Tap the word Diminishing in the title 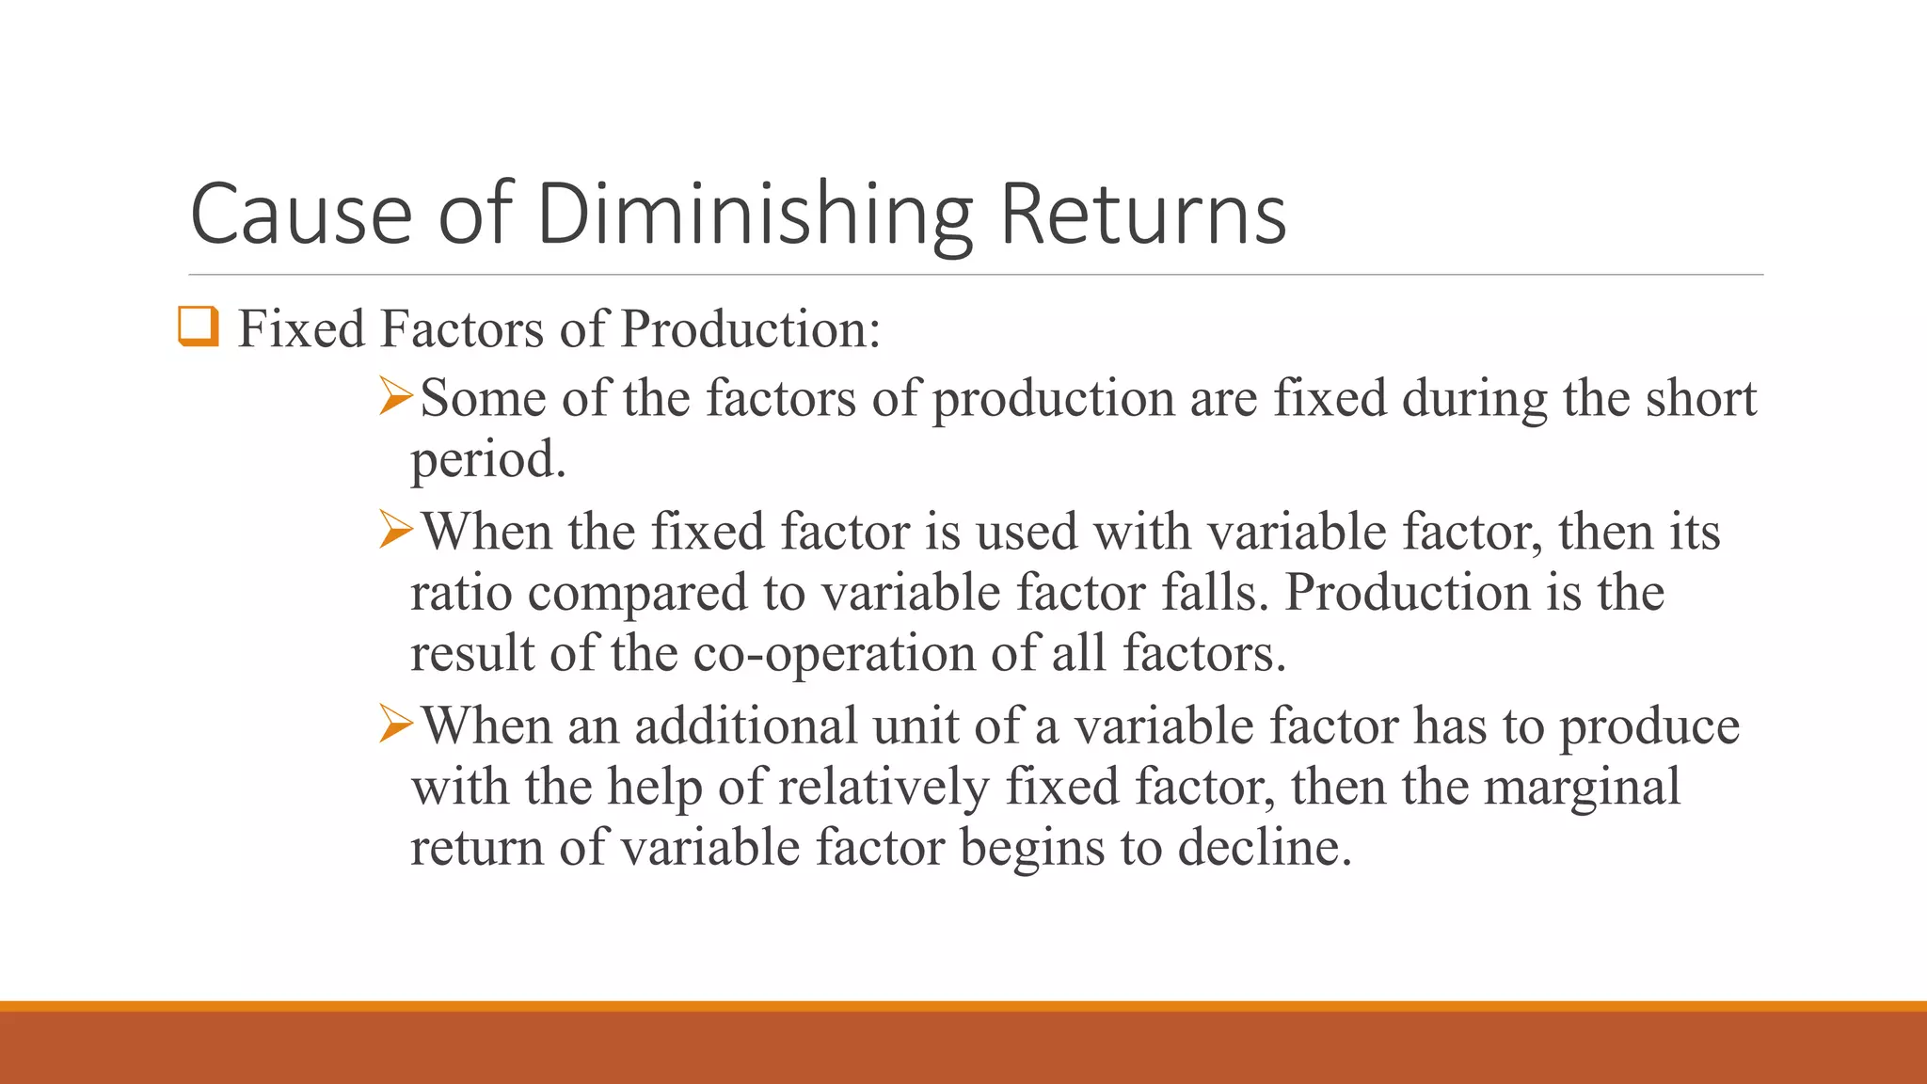point(754,215)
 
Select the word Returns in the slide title point(1142,215)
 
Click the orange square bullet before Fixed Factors point(199,327)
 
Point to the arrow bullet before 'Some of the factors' point(396,396)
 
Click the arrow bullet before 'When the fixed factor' point(396,530)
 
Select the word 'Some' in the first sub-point point(483,398)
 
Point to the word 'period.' point(488,460)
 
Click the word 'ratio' point(460,593)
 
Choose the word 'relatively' point(884,788)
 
